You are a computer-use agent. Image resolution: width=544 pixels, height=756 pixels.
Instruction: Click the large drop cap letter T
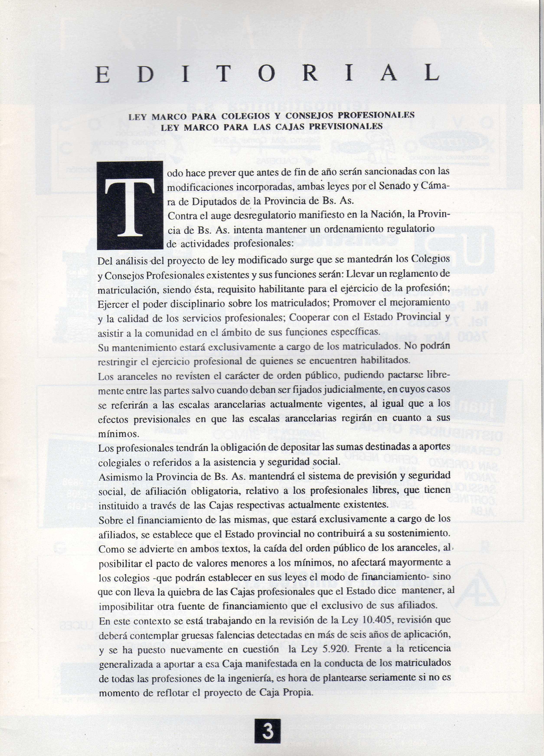click(130, 205)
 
